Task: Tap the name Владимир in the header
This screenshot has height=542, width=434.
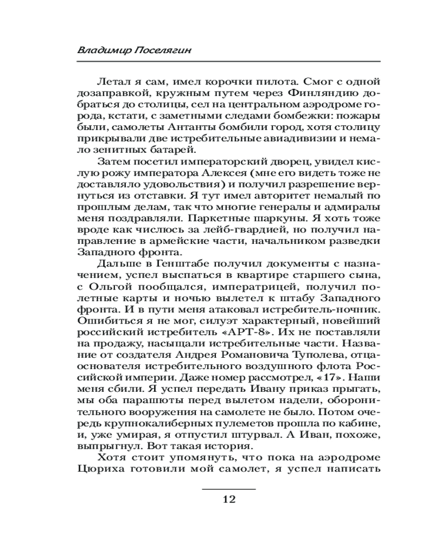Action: click(x=100, y=50)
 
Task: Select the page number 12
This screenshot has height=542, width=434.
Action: click(x=228, y=499)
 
